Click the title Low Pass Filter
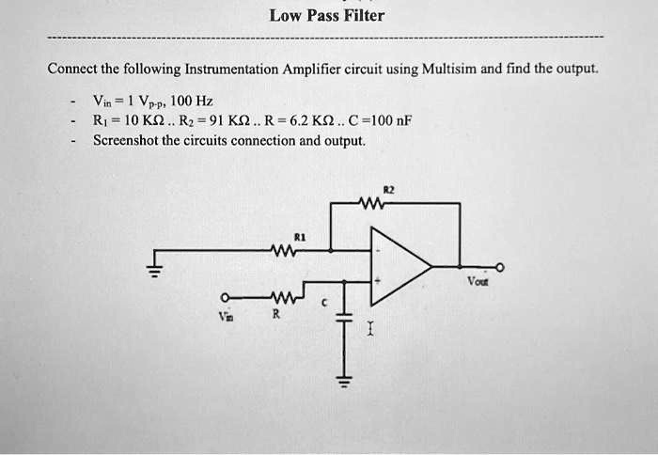coord(326,15)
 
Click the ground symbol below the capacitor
coord(343,381)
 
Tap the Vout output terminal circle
coord(500,268)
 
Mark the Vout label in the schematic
coord(478,282)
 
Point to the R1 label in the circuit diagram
coord(300,237)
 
